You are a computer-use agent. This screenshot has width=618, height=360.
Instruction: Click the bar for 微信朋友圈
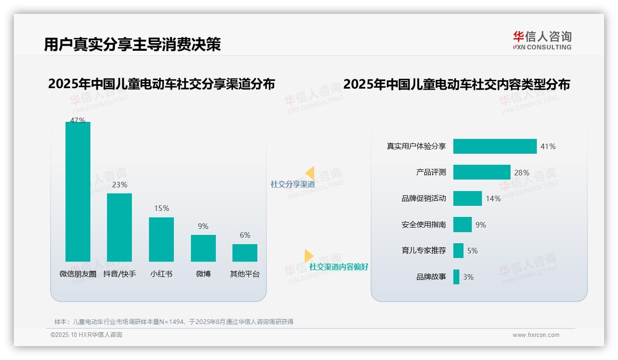point(78,192)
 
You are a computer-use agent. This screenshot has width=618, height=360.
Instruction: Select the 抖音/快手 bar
point(119,227)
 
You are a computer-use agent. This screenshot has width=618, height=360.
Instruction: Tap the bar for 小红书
point(161,239)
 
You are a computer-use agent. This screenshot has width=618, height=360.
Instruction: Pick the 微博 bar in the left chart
point(203,248)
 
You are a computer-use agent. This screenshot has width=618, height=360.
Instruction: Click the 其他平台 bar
point(245,252)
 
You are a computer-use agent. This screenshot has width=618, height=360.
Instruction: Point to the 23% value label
point(119,185)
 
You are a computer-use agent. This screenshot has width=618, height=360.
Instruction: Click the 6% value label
point(245,235)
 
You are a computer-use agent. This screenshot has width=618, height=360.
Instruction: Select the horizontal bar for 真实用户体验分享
point(495,146)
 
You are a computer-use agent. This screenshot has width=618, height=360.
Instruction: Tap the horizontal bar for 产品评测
point(481,172)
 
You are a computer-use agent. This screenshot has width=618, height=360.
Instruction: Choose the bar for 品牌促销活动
point(467,198)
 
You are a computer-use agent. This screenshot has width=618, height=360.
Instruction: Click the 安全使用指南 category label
point(423,225)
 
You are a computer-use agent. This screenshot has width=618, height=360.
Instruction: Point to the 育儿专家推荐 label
point(423,251)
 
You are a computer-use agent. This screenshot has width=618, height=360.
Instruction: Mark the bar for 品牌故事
point(456,277)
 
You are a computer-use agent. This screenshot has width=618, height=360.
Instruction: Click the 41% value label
point(548,146)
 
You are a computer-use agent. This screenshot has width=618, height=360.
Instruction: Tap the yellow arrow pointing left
point(309,173)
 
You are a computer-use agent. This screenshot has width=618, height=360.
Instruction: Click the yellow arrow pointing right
point(309,256)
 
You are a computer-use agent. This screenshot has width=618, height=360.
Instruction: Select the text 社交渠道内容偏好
point(339,267)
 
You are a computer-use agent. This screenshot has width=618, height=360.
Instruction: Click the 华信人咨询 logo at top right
point(542,40)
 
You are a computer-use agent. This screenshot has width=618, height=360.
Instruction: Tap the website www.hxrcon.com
point(536,335)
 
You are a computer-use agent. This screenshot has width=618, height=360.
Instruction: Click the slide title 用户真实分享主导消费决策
point(132,44)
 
